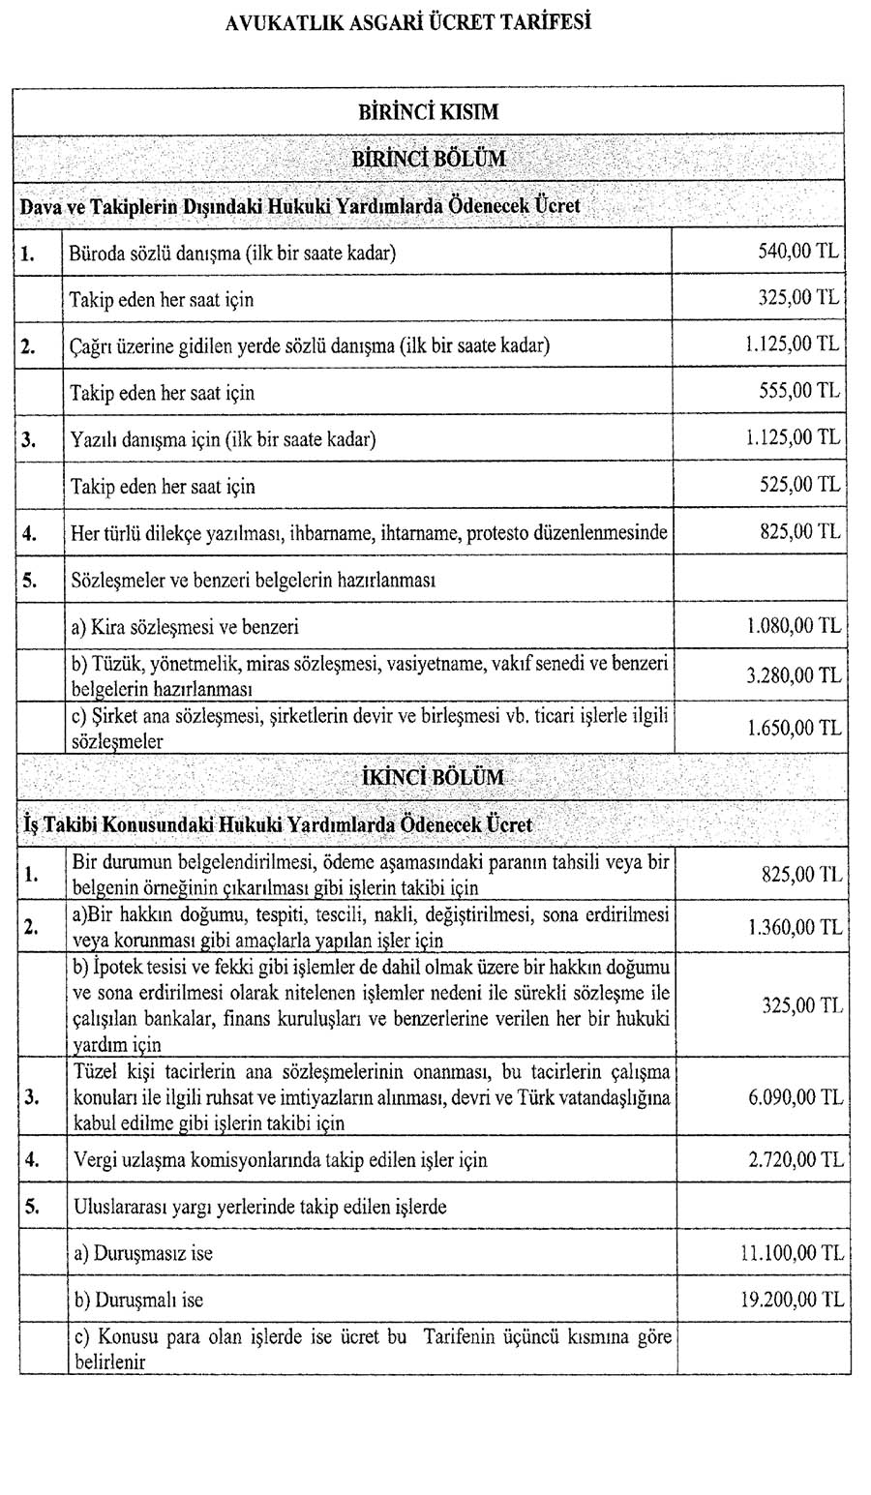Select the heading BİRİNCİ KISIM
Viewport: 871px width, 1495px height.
tap(429, 111)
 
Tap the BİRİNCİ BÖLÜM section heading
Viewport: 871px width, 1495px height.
tap(429, 158)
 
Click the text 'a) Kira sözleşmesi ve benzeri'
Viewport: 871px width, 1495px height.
tap(185, 626)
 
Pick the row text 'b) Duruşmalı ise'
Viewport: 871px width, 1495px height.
tap(138, 1300)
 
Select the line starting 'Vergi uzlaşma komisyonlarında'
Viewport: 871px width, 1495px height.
tap(280, 1159)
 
